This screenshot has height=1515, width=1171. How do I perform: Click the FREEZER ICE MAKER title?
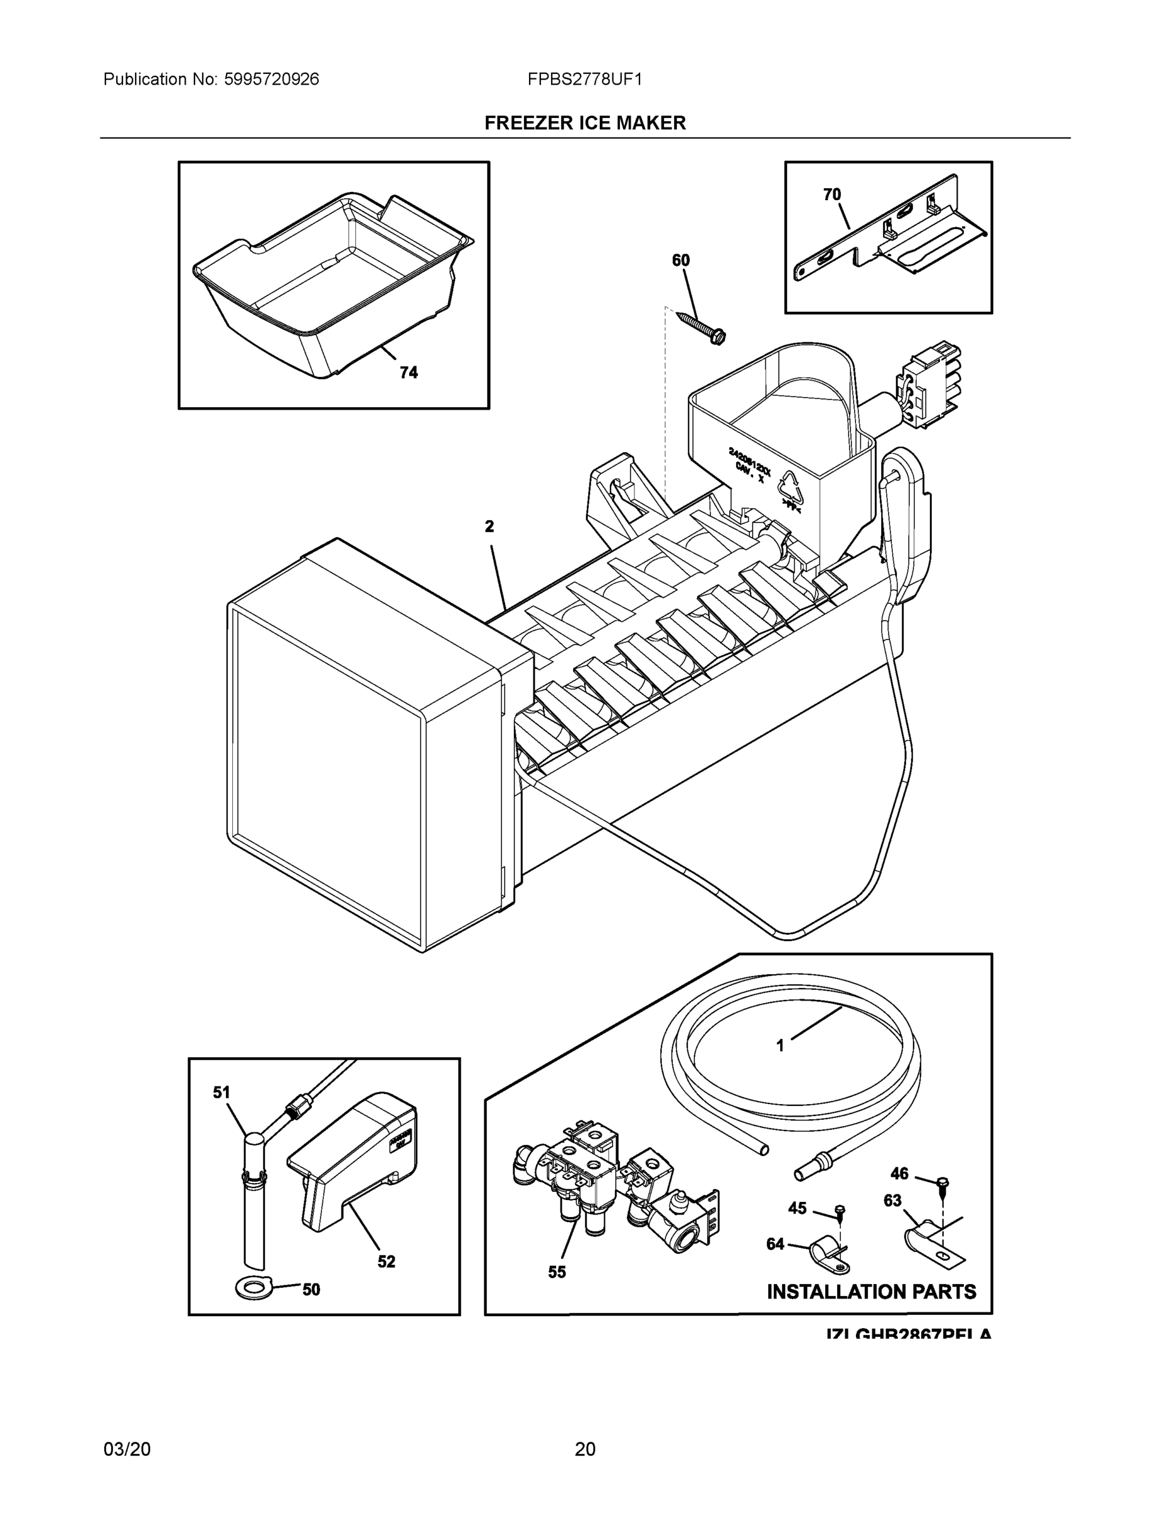pyautogui.click(x=585, y=123)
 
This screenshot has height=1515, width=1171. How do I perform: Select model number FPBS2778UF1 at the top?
pyautogui.click(x=584, y=80)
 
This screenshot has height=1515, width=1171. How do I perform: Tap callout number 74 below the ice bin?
pyautogui.click(x=408, y=372)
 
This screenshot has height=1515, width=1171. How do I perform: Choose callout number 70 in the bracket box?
pyautogui.click(x=832, y=195)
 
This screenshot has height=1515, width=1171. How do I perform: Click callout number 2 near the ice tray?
pyautogui.click(x=489, y=526)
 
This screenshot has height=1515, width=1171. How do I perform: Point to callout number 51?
pyautogui.click(x=222, y=1093)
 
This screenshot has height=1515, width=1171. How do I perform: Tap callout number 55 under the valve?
pyautogui.click(x=556, y=1271)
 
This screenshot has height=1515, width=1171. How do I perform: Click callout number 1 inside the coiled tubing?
pyautogui.click(x=780, y=1045)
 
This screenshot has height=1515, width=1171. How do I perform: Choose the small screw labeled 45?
pyautogui.click(x=840, y=1212)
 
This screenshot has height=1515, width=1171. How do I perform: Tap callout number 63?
pyautogui.click(x=892, y=1200)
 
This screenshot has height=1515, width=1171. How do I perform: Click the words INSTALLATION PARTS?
pyautogui.click(x=871, y=1292)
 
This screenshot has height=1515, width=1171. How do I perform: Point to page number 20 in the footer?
pyautogui.click(x=585, y=1449)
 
